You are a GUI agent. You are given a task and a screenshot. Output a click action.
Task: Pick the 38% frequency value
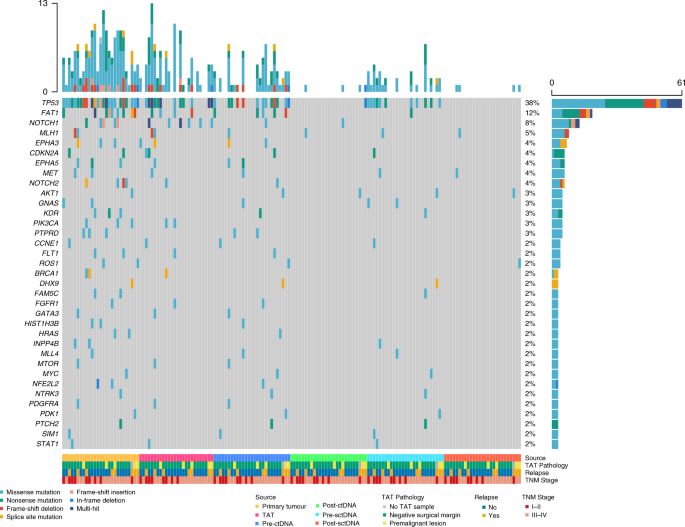[532, 103]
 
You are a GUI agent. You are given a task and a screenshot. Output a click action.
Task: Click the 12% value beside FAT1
[532, 113]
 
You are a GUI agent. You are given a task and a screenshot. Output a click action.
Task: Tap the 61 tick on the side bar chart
[679, 84]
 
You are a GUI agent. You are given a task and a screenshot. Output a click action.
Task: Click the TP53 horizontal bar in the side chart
[615, 103]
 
